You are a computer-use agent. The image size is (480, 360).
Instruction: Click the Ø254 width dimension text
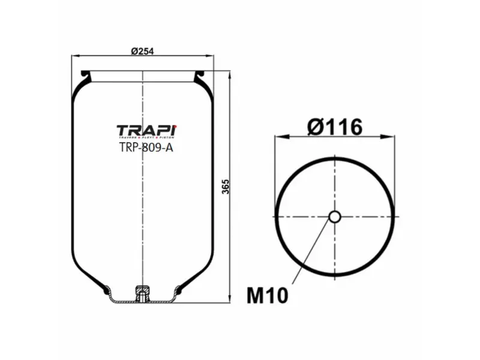[142, 51]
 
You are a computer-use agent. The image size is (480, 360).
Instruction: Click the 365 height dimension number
[226, 186]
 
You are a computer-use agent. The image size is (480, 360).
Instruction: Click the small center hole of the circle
[335, 216]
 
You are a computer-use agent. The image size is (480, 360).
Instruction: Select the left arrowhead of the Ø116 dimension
[278, 137]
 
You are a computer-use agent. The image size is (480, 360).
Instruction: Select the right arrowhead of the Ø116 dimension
[392, 137]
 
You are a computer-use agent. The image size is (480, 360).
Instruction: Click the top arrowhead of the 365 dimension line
[230, 73]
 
